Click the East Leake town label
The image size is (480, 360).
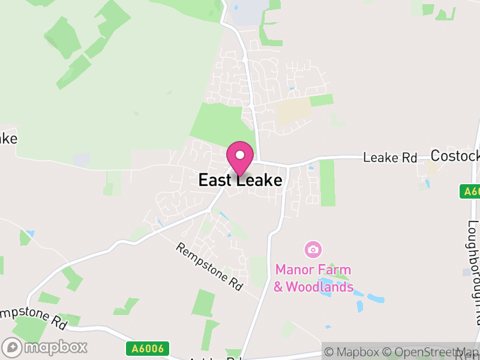tap(240, 180)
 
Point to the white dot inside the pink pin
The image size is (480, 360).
tap(240, 155)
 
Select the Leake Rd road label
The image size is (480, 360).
tap(390, 158)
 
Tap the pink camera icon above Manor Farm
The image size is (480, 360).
tap(312, 248)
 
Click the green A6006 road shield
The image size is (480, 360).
tap(148, 348)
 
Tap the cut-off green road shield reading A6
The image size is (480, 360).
tap(471, 191)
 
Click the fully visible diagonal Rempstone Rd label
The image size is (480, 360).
tap(209, 268)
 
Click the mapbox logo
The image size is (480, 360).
tap(45, 347)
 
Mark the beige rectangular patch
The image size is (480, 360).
tap(293, 112)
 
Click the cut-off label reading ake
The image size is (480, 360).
tap(8, 138)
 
